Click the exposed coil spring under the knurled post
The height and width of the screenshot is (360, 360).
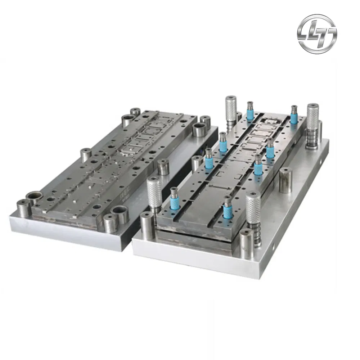[257, 234]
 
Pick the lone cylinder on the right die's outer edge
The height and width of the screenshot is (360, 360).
[285, 180]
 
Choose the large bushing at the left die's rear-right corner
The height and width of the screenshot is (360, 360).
[200, 129]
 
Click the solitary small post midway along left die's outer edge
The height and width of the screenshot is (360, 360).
[86, 155]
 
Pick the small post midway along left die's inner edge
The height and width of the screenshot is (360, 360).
[163, 166]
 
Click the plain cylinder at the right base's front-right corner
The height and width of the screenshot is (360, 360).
[246, 243]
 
